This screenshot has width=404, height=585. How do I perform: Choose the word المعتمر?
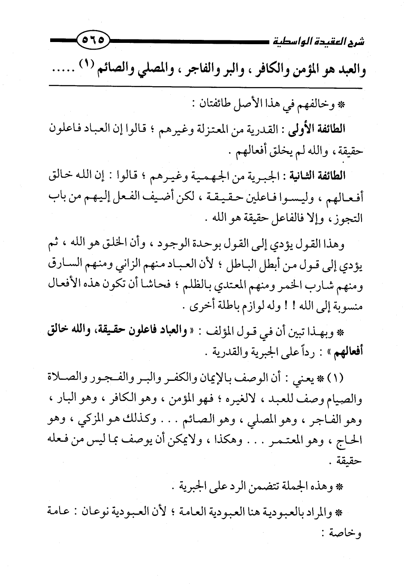tap(294, 440)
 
